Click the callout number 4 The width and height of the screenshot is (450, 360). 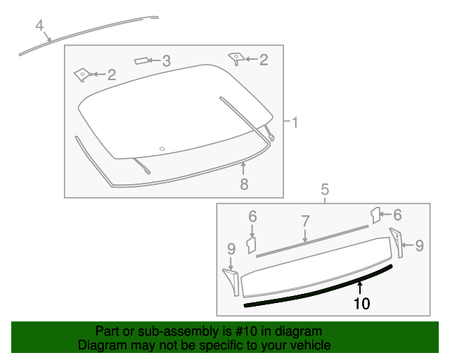(x=40, y=26)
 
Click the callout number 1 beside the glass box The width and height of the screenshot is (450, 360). (x=295, y=124)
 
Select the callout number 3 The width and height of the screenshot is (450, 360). (x=166, y=62)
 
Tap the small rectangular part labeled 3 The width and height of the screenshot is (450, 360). (x=143, y=61)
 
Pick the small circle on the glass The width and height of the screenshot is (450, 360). (x=162, y=148)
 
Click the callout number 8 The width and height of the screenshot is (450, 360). (x=244, y=184)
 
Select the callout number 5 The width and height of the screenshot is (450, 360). (x=325, y=189)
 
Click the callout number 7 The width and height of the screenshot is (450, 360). (x=305, y=221)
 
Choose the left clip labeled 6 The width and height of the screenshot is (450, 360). (x=250, y=244)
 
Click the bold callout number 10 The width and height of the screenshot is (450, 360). (x=361, y=304)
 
